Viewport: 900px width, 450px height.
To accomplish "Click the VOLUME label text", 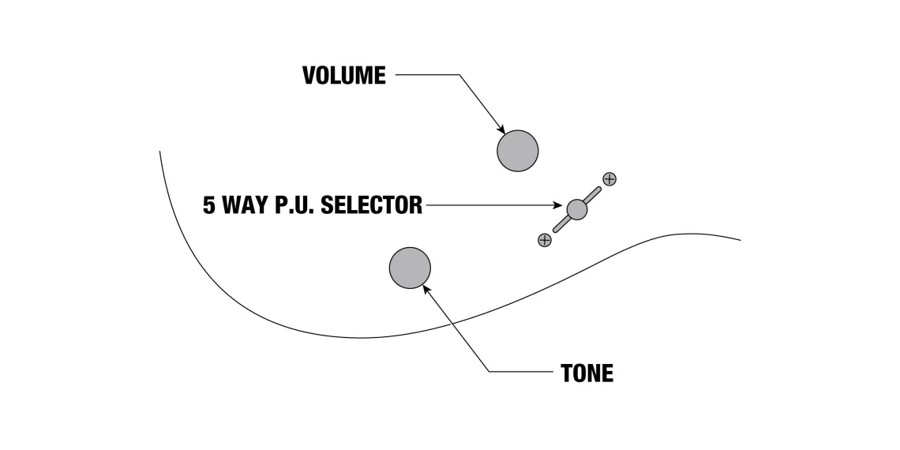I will click(x=344, y=76).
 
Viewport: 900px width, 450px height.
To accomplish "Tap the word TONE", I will click(x=587, y=373).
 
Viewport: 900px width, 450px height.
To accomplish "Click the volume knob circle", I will click(x=518, y=150).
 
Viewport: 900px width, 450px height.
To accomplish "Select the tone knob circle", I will click(x=410, y=268).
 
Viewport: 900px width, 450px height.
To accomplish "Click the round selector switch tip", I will click(x=577, y=209).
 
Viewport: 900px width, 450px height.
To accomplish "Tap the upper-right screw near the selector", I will click(x=609, y=179).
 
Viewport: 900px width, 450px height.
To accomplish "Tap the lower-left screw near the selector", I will click(x=544, y=240).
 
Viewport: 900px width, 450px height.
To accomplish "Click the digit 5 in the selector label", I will click(x=209, y=206).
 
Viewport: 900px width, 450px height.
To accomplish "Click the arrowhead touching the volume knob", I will click(x=501, y=129).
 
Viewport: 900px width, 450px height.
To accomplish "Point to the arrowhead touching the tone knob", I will click(x=427, y=290).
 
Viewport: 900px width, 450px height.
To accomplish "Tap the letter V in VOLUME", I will click(x=310, y=76).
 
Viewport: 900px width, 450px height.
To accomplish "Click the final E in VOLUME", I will click(x=380, y=76).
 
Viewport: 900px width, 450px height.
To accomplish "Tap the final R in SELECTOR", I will click(x=415, y=206).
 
